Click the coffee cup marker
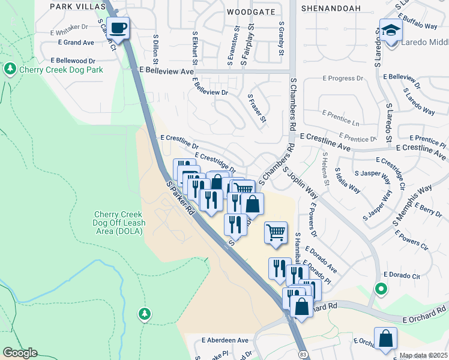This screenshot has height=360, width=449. [118, 28]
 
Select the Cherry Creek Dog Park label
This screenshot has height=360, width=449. [61, 70]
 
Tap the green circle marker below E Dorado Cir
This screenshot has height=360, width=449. [381, 289]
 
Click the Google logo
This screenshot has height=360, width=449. [20, 353]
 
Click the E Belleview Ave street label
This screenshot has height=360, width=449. [166, 71]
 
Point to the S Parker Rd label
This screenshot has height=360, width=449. [181, 199]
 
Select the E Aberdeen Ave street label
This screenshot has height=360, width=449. [225, 340]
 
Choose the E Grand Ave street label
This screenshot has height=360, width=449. [76, 43]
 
